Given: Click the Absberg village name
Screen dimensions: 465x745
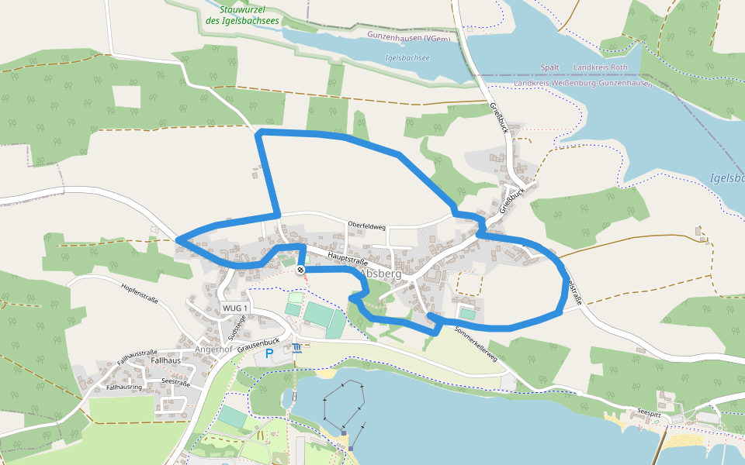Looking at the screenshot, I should tap(382, 274).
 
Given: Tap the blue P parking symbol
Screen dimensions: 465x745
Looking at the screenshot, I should tap(269, 353).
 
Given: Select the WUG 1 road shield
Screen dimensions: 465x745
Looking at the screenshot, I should tap(235, 308).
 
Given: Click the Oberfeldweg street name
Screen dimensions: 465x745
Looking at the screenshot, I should tap(367, 226).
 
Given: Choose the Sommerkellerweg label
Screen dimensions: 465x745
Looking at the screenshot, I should tap(475, 345).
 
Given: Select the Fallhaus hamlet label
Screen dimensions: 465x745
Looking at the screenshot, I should tap(166, 360).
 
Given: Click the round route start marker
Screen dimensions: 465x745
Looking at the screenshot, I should tap(300, 270).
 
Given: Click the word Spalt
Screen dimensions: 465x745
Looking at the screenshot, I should tap(549, 67).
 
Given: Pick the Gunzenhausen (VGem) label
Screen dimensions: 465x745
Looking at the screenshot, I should tap(407, 36).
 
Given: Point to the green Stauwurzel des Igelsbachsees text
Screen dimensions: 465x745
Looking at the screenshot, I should tap(250, 15).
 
